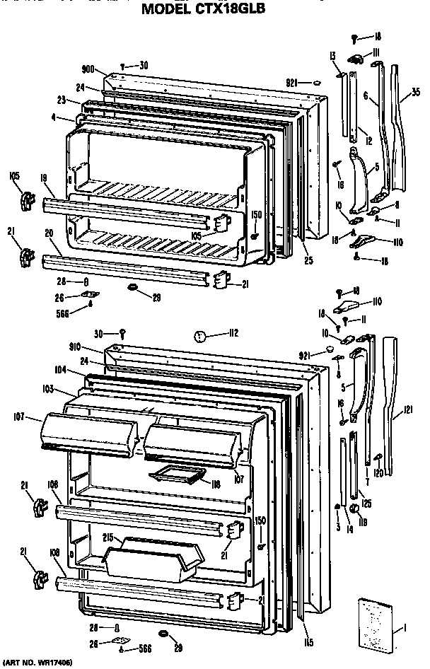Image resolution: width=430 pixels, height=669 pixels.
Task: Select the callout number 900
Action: click(x=88, y=69)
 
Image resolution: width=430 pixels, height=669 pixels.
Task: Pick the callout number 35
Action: click(x=415, y=91)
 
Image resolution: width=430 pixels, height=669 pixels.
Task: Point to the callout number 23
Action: click(x=62, y=100)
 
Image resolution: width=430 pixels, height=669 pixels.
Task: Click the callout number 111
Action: click(x=377, y=53)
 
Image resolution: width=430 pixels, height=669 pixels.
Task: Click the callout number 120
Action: click(x=378, y=472)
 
